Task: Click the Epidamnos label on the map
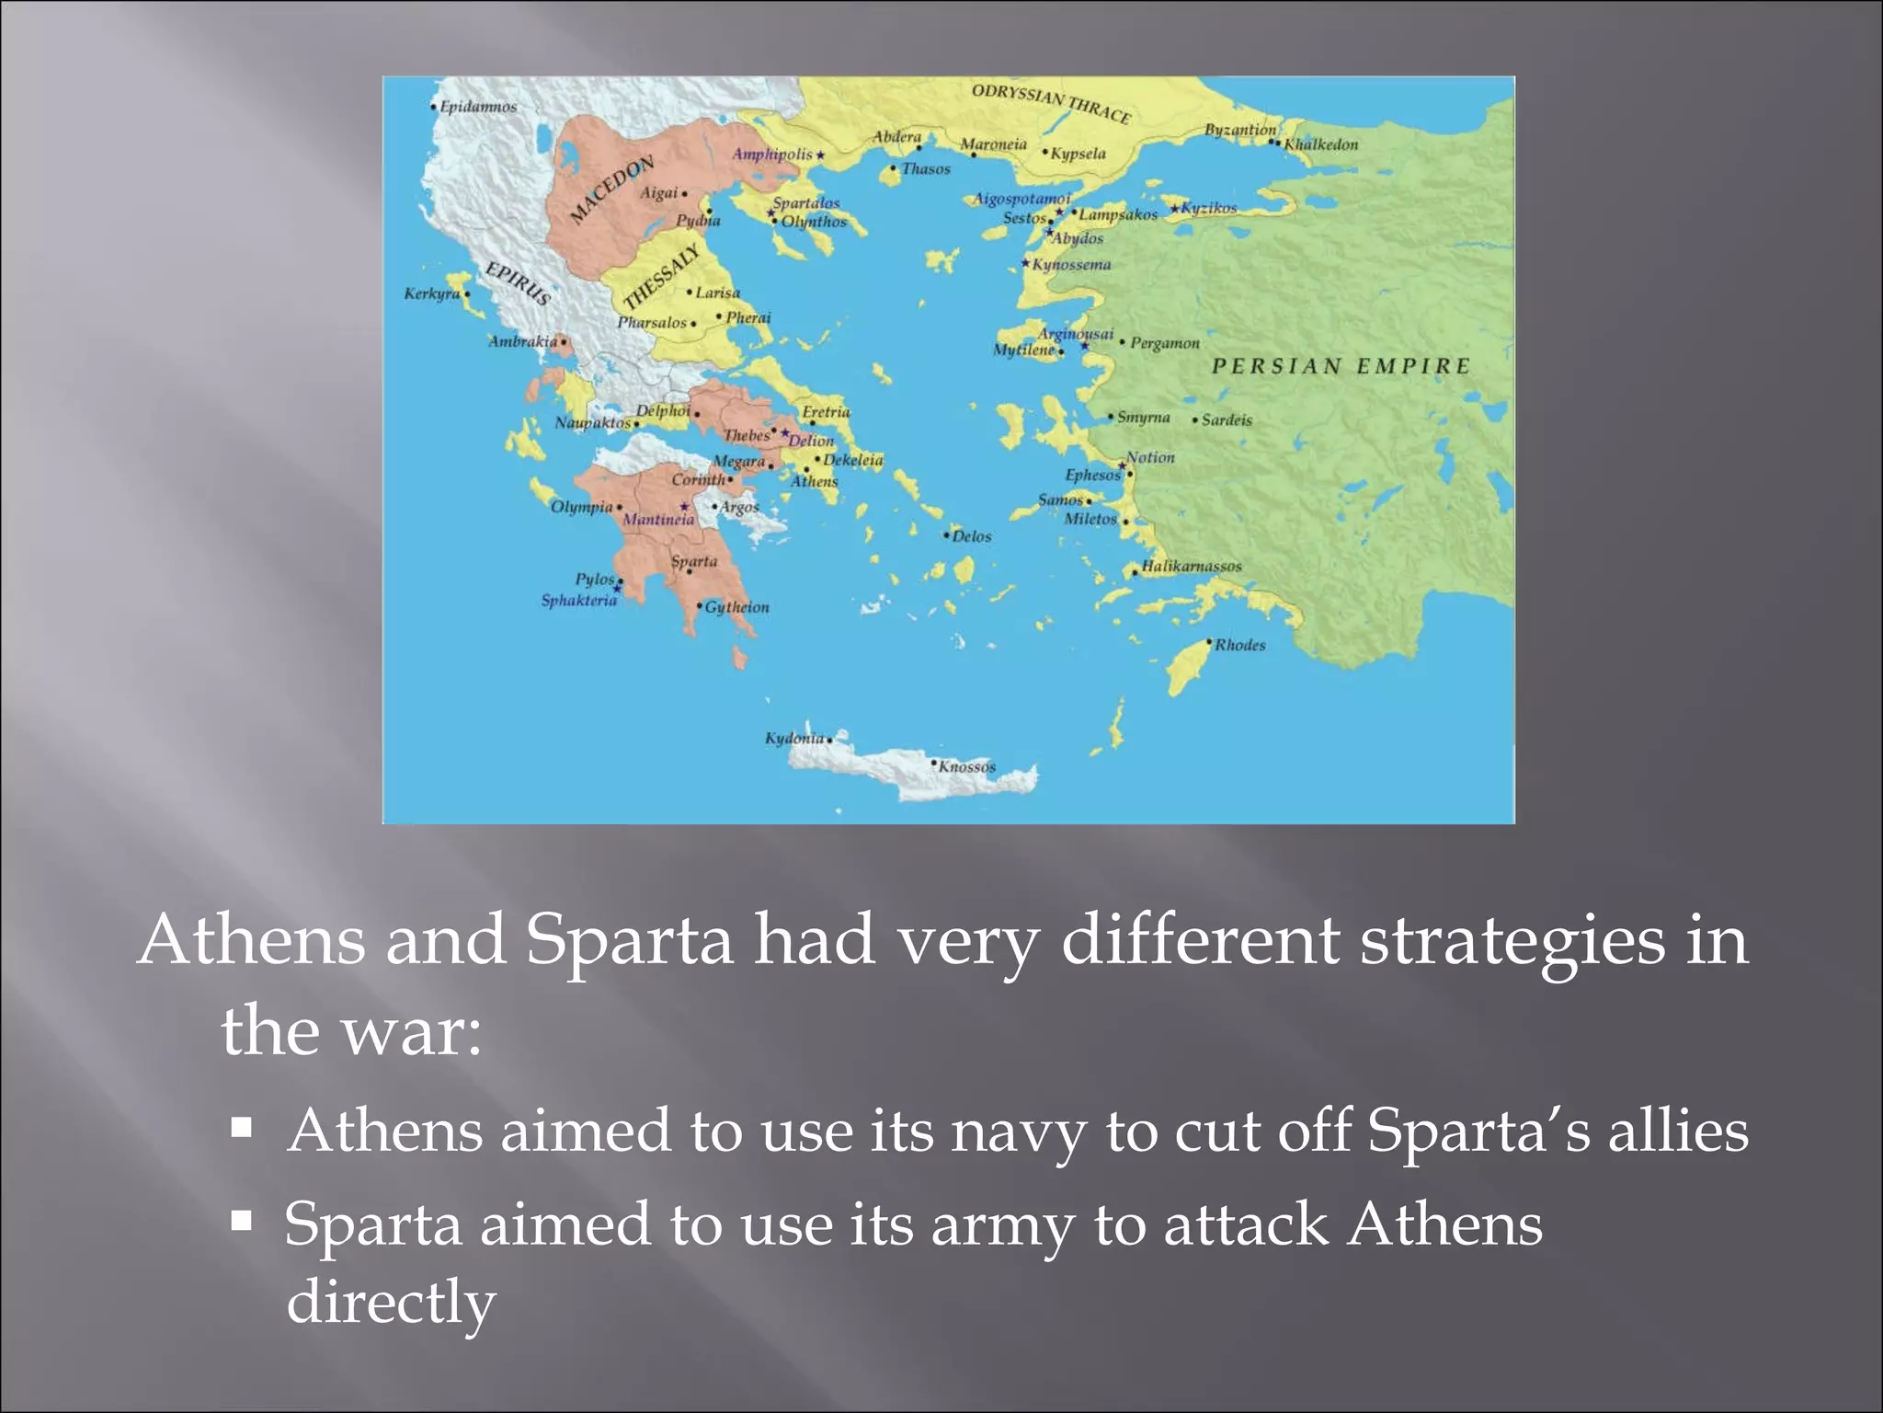coord(478,107)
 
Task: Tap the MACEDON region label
coord(611,189)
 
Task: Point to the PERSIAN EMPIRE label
coord(1341,366)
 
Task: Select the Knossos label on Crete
coord(966,766)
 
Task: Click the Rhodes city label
coord(1239,645)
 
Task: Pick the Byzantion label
coord(1240,130)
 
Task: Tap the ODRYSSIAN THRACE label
coord(1051,103)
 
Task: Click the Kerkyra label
coord(432,293)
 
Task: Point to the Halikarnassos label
coord(1192,566)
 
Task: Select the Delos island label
coord(972,536)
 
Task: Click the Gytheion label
coord(737,607)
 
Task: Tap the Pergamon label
coord(1165,343)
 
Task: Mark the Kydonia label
coord(794,738)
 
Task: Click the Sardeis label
coord(1227,420)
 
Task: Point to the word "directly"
coord(392,1302)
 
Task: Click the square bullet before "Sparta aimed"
coord(242,1222)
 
